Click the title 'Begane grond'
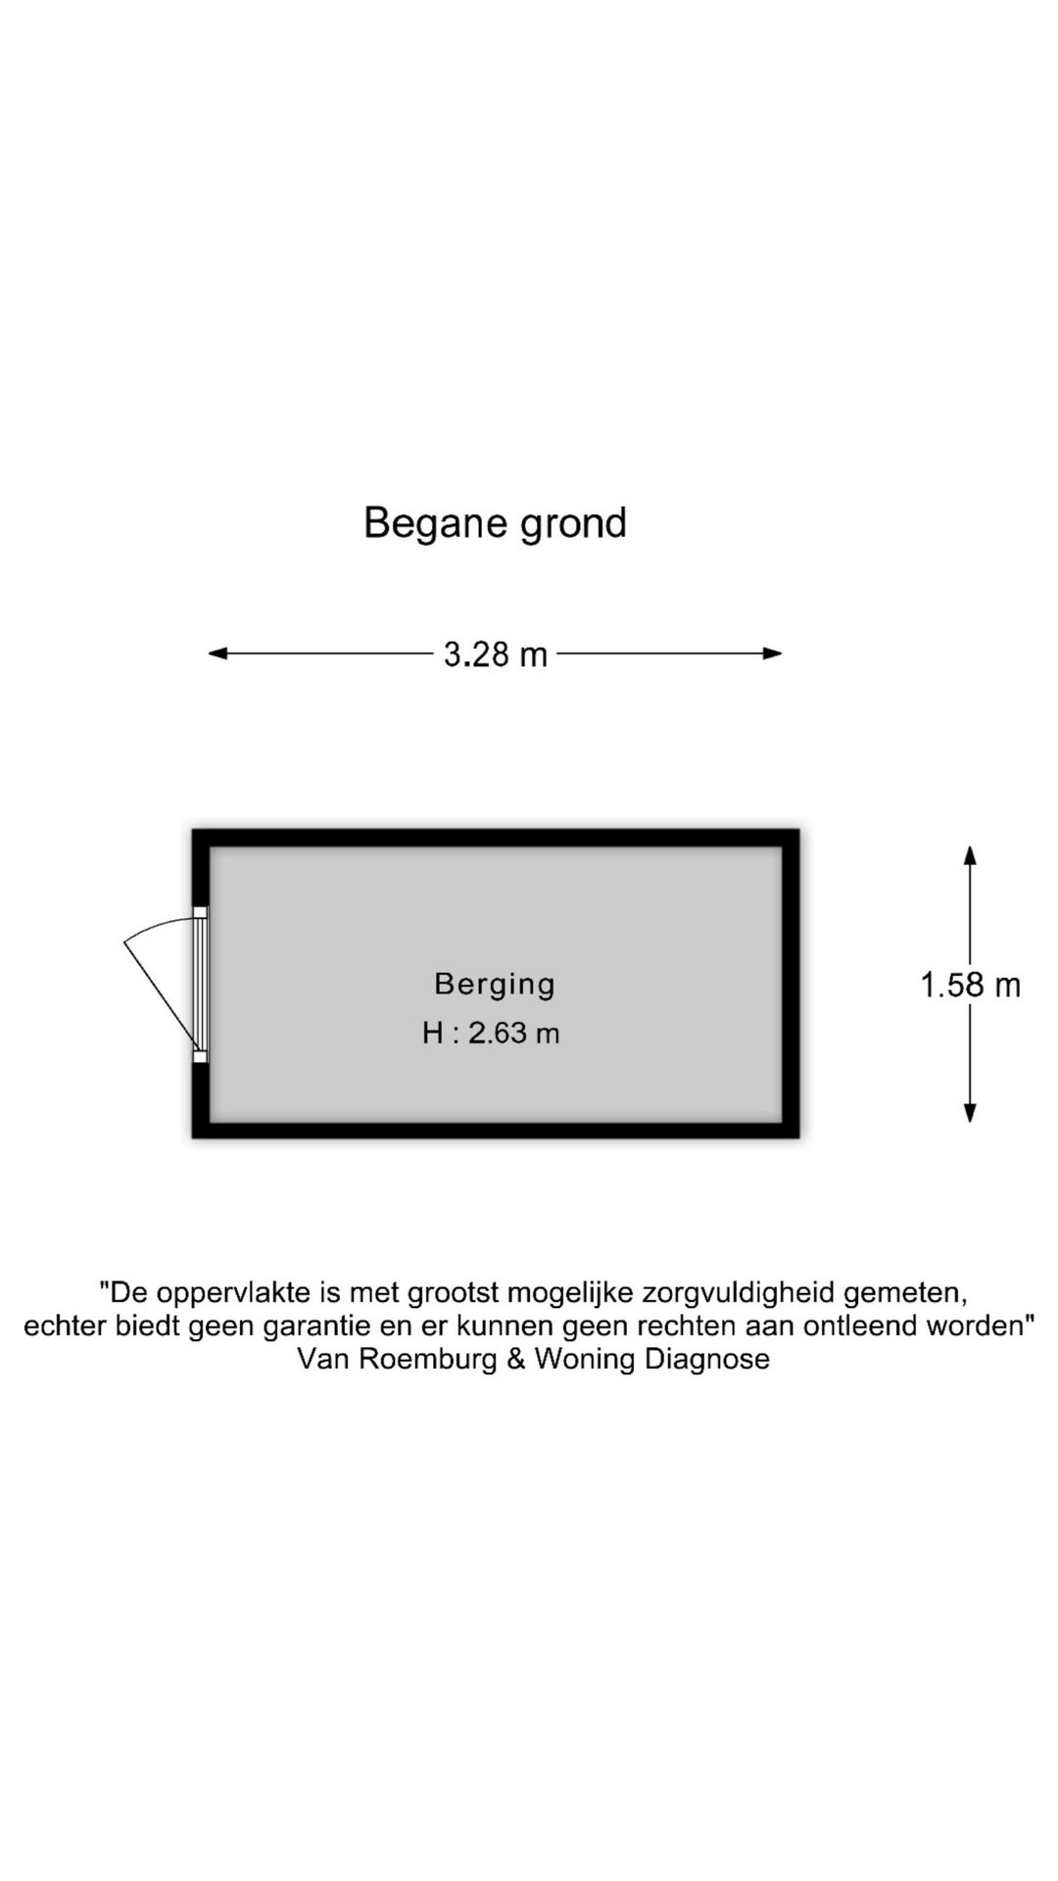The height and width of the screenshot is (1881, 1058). (495, 524)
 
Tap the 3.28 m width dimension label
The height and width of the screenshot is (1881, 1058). (496, 653)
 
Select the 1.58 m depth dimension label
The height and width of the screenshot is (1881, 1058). (970, 985)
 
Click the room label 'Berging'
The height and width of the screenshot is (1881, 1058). (495, 984)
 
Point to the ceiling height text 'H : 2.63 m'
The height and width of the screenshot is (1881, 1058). (491, 1033)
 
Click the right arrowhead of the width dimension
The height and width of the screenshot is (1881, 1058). (773, 653)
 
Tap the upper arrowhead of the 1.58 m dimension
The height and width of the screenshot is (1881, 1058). (970, 855)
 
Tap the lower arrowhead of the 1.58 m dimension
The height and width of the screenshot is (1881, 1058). (970, 1112)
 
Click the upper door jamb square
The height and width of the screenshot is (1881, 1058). (200, 912)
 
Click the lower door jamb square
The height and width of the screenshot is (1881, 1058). (200, 1056)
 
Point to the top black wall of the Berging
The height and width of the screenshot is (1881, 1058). (496, 838)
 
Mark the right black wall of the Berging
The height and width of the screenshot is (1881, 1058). (791, 984)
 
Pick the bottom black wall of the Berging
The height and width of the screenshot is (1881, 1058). (496, 1130)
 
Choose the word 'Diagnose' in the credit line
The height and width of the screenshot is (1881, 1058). (706, 1360)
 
